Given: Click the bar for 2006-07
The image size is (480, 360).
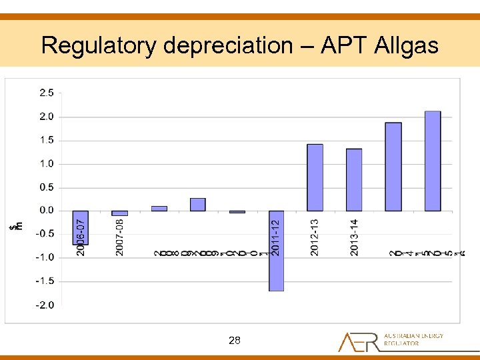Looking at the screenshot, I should point(81,227).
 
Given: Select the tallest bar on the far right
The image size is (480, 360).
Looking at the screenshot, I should point(433,161).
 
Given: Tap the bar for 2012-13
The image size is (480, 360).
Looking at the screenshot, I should point(315,177).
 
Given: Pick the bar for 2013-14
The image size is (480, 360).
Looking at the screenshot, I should point(354,179).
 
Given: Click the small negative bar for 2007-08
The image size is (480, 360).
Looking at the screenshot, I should point(119,213).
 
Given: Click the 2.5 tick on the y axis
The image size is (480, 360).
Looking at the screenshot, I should point(47,93).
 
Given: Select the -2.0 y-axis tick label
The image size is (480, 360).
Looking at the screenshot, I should point(45,305).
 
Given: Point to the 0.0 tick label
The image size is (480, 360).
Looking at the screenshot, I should point(47,211).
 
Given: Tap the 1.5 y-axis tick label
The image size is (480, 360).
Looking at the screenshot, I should point(47,140).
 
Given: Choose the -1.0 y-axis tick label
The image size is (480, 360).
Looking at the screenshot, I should point(45,257).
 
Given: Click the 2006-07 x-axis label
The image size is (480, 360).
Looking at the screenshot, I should point(80,237).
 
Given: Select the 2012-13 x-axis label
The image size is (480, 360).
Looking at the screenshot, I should point(315,237).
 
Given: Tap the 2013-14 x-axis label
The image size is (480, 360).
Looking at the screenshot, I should point(354,237).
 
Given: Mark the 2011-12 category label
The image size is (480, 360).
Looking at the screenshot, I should point(276,232).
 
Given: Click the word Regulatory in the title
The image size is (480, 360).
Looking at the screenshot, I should point(99,45).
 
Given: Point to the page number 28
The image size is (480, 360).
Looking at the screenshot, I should point(234,341).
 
